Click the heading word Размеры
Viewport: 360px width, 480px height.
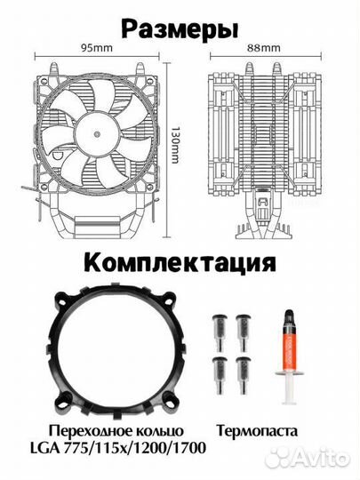(180, 29)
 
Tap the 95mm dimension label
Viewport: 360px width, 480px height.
(95, 49)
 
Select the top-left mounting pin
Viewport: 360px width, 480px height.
(219, 325)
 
